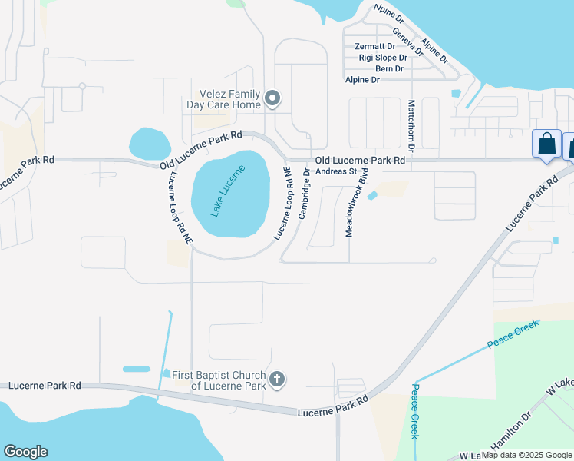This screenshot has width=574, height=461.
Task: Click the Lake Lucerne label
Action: (x=228, y=191)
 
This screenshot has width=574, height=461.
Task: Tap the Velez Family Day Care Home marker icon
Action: (x=273, y=98)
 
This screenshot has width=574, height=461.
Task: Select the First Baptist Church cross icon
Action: (x=278, y=379)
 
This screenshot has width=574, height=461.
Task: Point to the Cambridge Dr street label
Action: (x=305, y=194)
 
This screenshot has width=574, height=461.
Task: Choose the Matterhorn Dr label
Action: (x=411, y=125)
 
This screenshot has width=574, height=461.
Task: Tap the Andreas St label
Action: (x=336, y=171)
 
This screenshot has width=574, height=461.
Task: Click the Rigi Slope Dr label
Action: (x=381, y=58)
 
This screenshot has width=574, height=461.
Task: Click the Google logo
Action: (x=25, y=452)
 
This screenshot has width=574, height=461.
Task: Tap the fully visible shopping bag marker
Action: (x=546, y=144)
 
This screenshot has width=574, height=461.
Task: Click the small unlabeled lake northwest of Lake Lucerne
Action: (x=150, y=143)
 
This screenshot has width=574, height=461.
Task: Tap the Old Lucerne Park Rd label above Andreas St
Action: (x=360, y=161)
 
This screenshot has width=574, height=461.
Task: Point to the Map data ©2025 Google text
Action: (x=526, y=455)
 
